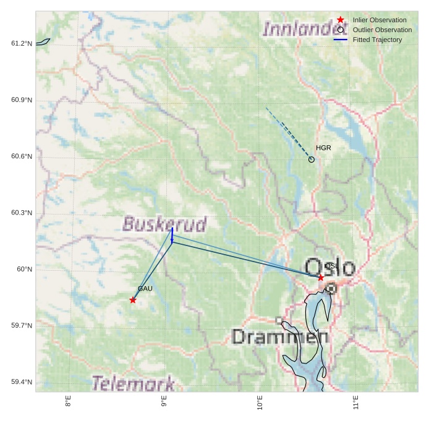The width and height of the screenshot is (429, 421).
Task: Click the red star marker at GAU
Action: tap(133, 300)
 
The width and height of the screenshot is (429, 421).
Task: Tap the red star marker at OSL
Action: tap(321, 278)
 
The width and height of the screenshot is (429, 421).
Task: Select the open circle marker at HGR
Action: tap(312, 159)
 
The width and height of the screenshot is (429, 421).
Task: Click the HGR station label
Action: tap(323, 148)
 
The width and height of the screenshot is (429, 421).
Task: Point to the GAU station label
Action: tap(145, 289)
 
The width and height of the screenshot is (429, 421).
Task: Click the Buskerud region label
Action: tap(164, 224)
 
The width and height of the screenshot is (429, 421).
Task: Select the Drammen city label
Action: tap(280, 337)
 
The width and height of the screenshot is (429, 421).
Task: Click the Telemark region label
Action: tap(133, 384)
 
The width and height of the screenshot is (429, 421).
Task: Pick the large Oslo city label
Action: tap(330, 268)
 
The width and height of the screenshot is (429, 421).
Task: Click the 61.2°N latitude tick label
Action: tap(22, 43)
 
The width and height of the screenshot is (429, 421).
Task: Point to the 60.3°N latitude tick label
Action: tap(22, 213)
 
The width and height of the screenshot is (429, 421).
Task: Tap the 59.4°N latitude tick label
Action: tap(22, 382)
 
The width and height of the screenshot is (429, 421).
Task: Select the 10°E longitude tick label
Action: tap(260, 405)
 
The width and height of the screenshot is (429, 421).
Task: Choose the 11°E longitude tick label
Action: tap(356, 405)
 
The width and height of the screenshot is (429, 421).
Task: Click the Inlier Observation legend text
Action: tap(380, 20)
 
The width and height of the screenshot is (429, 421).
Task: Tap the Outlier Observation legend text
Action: tap(382, 30)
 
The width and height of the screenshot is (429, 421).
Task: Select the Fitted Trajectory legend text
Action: tap(377, 40)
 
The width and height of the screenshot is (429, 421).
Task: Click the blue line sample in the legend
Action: tap(341, 40)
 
